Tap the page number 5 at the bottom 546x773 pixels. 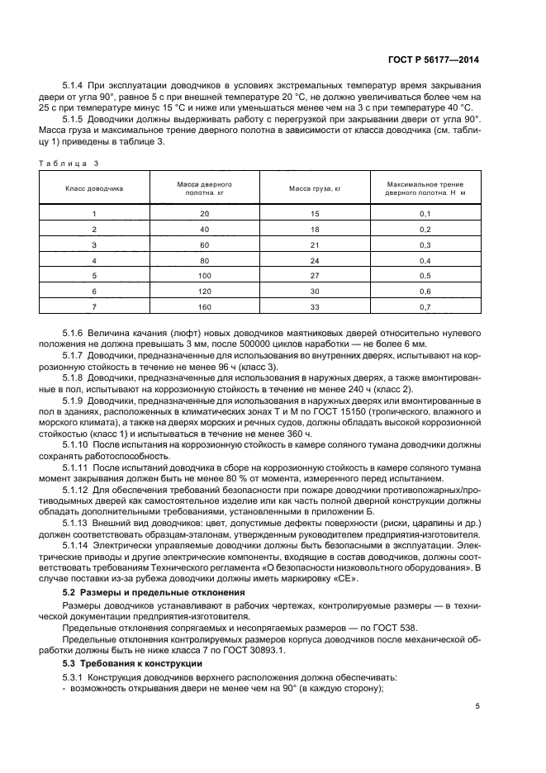tap(477, 706)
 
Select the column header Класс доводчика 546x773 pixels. tap(94, 189)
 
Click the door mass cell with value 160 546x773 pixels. tap(204, 307)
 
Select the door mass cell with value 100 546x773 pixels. tap(204, 276)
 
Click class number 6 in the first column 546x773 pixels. tap(94, 292)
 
